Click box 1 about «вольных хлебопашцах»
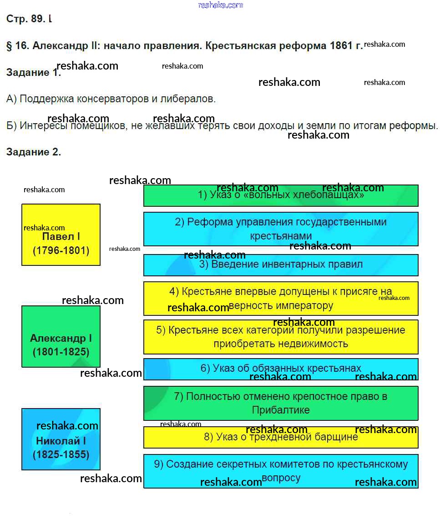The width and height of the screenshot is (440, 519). pyautogui.click(x=281, y=195)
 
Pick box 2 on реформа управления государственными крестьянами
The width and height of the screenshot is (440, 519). pyautogui.click(x=281, y=229)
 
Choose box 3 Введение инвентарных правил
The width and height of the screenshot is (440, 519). pyautogui.click(x=281, y=265)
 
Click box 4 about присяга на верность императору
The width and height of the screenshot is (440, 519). pyautogui.click(x=281, y=298)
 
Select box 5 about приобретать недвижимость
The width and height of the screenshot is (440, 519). pyautogui.click(x=281, y=337)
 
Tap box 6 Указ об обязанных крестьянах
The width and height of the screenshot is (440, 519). pyautogui.click(x=281, y=369)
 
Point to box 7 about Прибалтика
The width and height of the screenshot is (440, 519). pyautogui.click(x=281, y=403)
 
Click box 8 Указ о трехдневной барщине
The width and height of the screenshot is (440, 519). pyautogui.click(x=281, y=437)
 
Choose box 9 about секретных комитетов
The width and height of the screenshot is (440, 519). pyautogui.click(x=281, y=471)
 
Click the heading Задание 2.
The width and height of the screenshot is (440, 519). pyautogui.click(x=34, y=152)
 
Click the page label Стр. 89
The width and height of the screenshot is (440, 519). pyautogui.click(x=26, y=19)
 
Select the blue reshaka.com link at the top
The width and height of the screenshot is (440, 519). pyautogui.click(x=221, y=5)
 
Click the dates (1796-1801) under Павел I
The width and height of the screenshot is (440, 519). pyautogui.click(x=61, y=250)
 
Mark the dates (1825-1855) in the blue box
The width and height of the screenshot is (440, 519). pyautogui.click(x=61, y=454)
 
